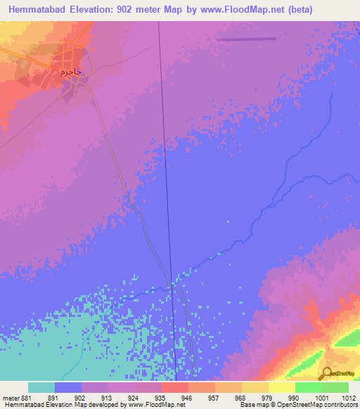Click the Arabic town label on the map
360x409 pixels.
coord(71,72)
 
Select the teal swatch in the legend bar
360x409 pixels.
coord(41,387)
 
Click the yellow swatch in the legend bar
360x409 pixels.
coord(281,387)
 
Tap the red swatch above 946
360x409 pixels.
coord(174,387)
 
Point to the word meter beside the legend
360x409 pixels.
coord(10,397)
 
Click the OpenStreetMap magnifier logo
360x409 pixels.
coord(326,373)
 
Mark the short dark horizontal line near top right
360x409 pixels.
coord(243,39)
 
